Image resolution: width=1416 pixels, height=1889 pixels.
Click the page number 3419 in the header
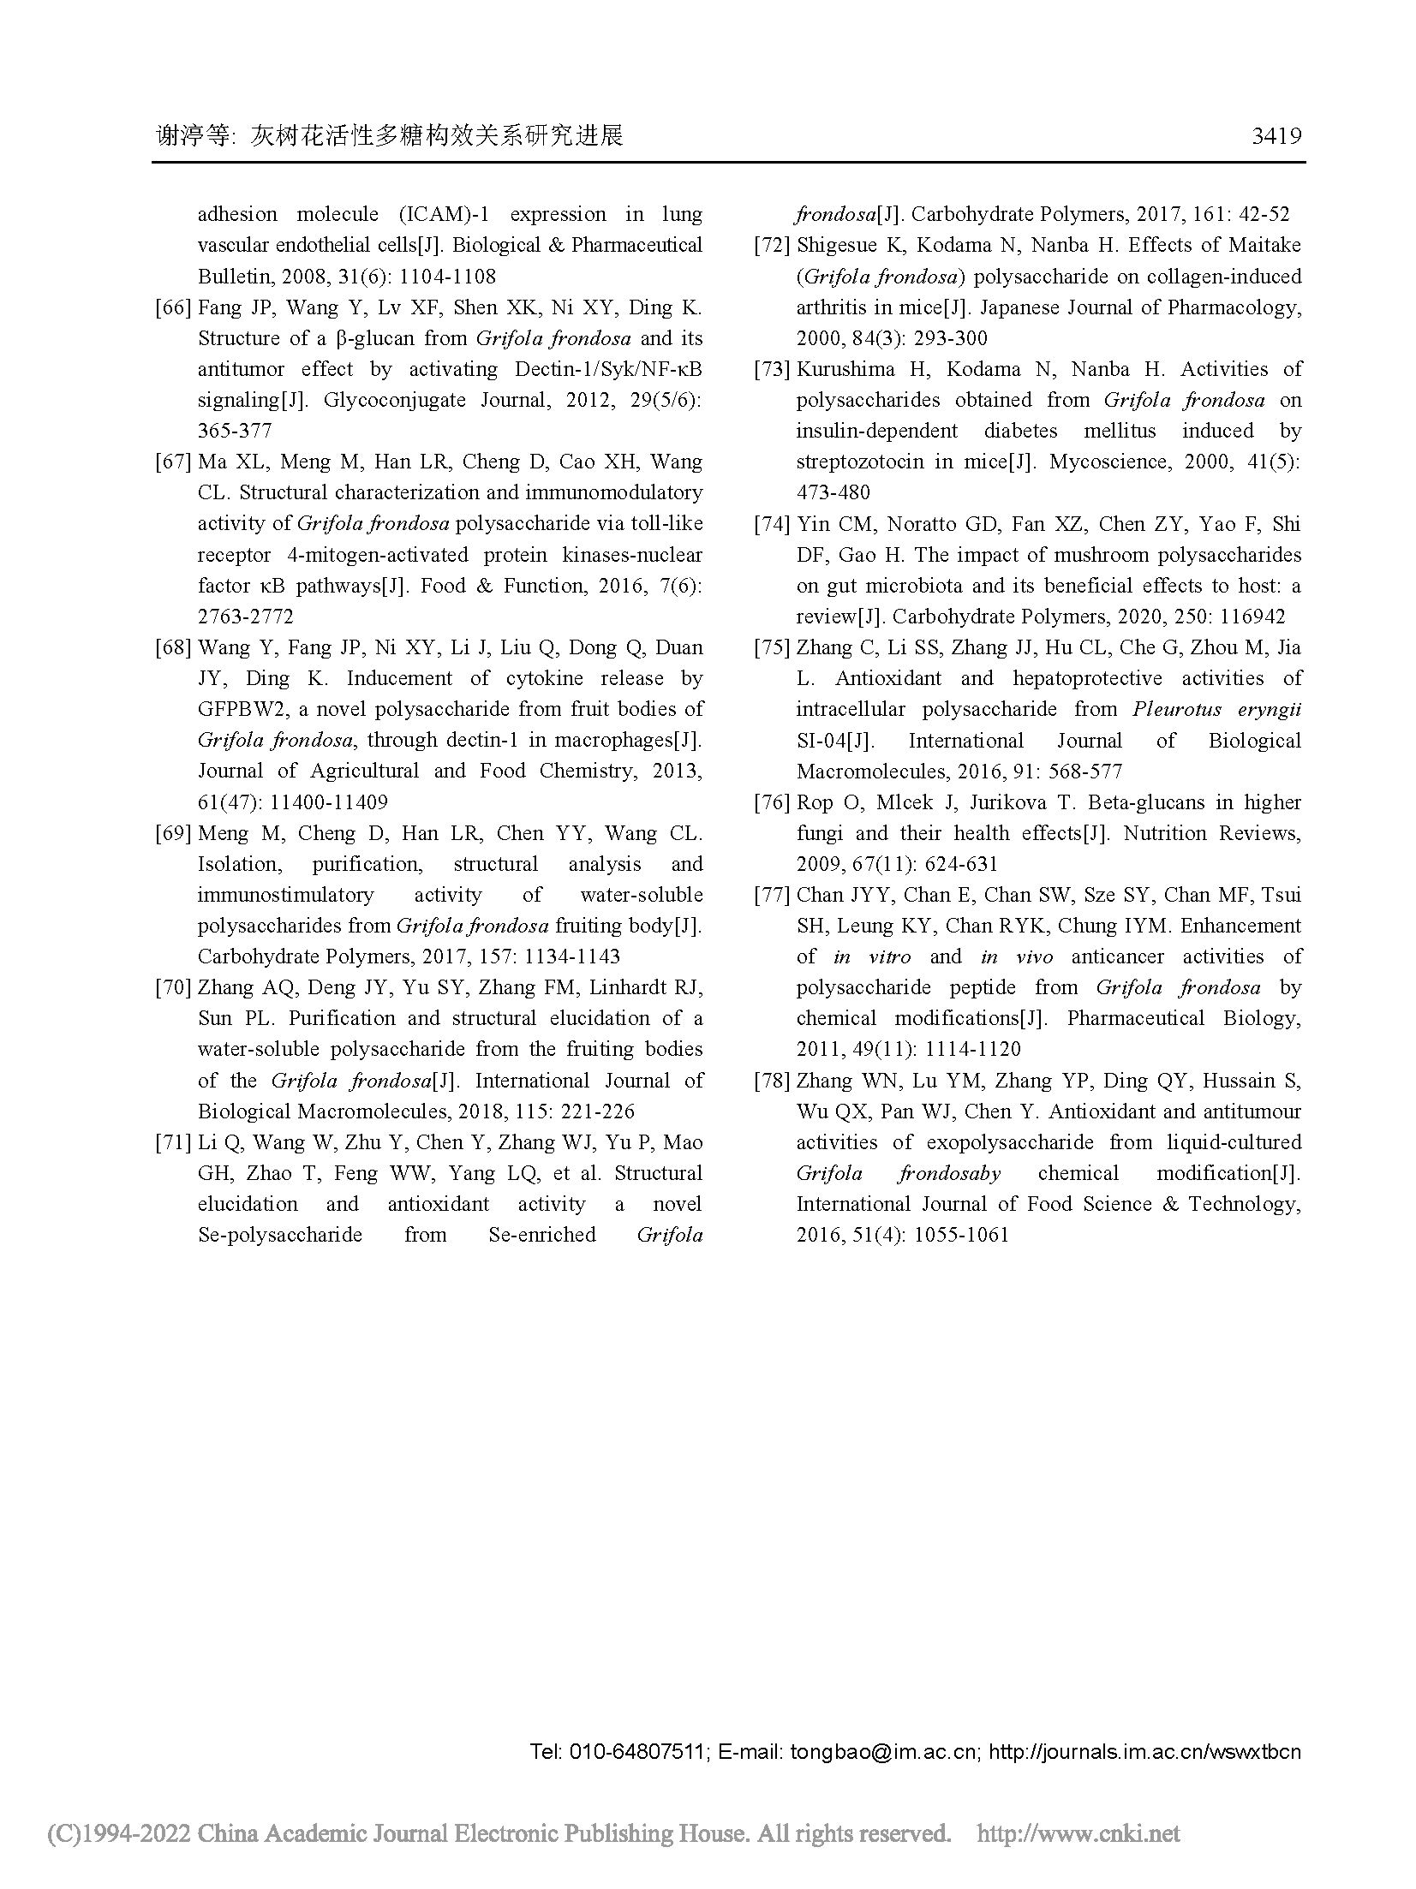1276,136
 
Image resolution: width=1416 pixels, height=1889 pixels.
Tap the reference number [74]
771,524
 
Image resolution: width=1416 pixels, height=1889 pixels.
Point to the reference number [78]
771,1081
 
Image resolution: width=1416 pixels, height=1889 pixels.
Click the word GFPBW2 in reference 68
236,709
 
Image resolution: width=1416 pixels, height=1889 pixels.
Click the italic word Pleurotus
1175,709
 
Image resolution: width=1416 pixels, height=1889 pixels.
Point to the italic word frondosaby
949,1173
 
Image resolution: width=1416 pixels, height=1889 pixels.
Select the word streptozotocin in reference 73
860,462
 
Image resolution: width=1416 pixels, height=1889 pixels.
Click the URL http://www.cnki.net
1078,1833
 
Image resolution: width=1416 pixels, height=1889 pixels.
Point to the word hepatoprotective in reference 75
1087,678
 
